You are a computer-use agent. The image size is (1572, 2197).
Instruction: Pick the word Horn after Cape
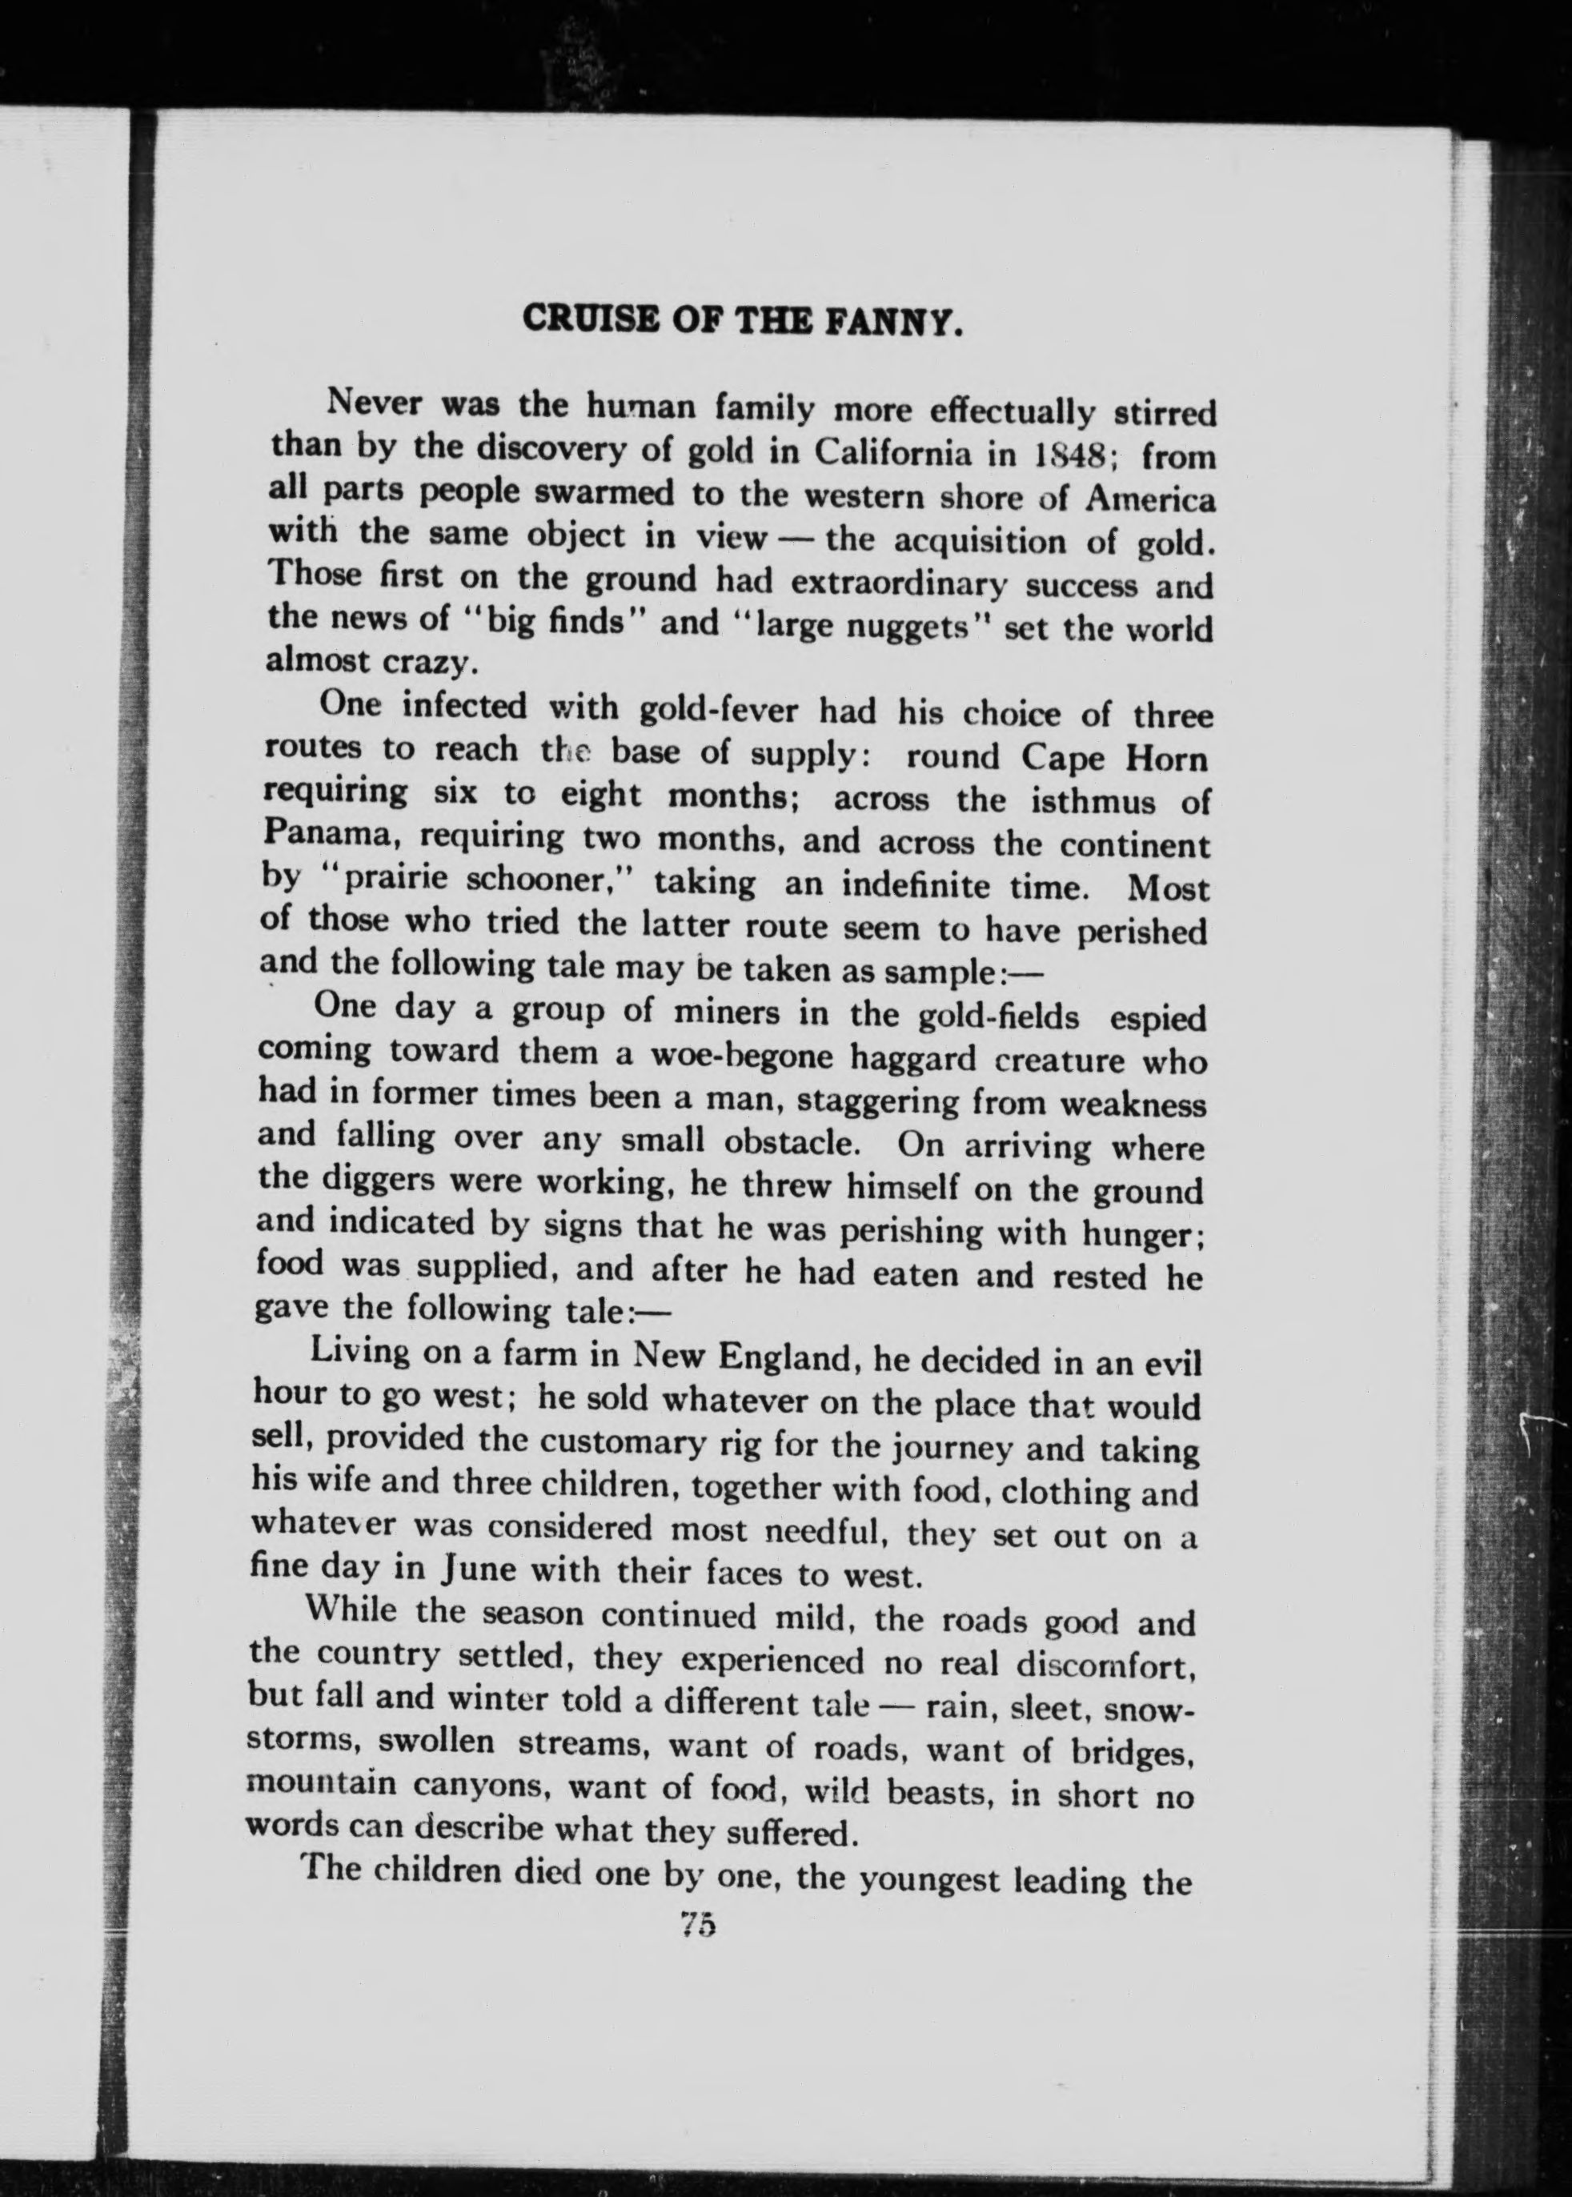click(1165, 758)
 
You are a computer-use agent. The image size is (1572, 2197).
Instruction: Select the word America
click(1150, 499)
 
